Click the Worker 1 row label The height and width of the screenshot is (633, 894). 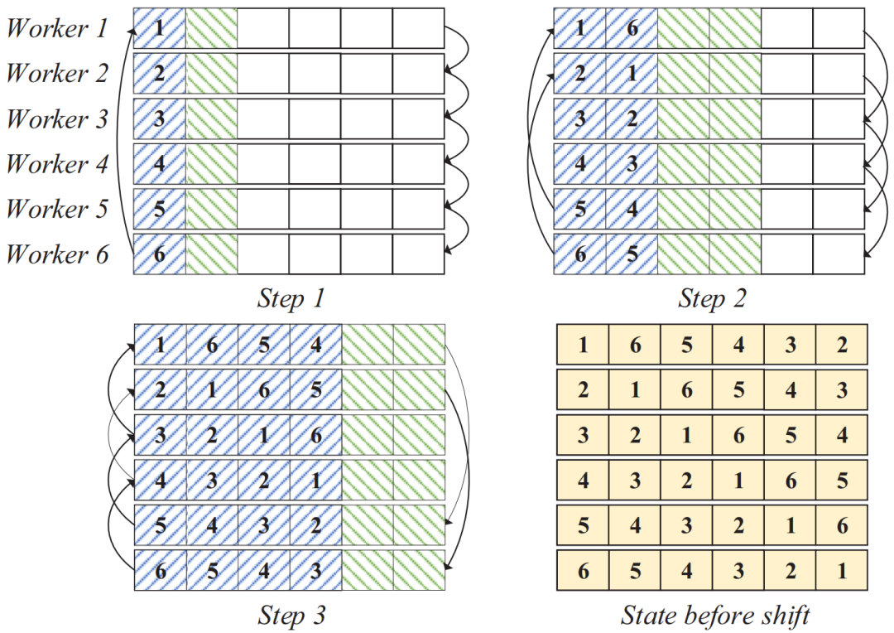(57, 29)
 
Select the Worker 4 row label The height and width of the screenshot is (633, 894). (57, 164)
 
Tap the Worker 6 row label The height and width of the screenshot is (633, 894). (57, 254)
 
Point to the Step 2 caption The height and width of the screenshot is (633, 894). (711, 298)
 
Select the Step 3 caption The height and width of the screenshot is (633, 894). (291, 616)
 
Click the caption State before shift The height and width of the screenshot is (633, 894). (714, 616)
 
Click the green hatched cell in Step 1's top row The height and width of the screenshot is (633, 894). (211, 29)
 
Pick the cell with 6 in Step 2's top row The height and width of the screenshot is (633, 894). (632, 29)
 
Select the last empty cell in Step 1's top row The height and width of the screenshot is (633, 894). (418, 29)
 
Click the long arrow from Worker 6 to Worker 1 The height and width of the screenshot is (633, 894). (123, 141)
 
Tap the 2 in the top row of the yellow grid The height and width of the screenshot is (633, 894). (841, 345)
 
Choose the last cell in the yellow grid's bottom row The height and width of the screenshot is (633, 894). (841, 570)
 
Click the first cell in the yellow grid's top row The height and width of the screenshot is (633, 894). (583, 345)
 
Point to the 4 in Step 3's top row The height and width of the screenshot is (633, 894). (315, 345)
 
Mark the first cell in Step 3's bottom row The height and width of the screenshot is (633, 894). (160, 570)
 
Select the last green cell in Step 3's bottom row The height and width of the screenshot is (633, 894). (419, 570)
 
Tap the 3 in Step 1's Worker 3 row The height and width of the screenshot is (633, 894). (160, 119)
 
